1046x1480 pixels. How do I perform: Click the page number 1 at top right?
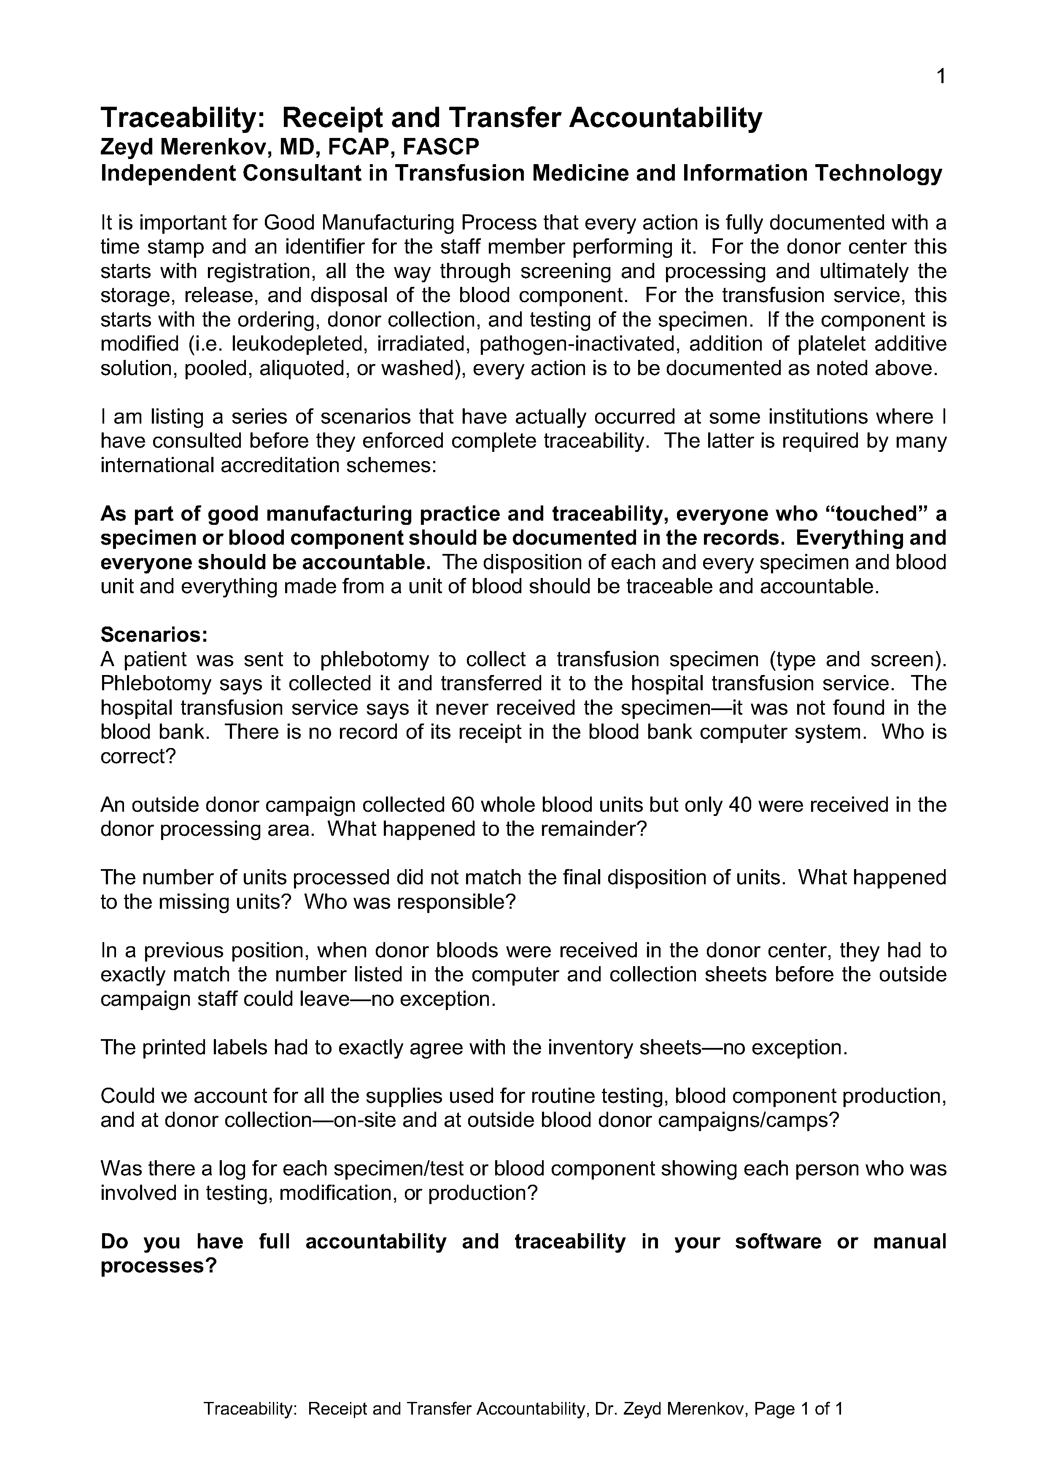940,77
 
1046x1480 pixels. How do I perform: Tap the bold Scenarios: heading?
154,635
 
